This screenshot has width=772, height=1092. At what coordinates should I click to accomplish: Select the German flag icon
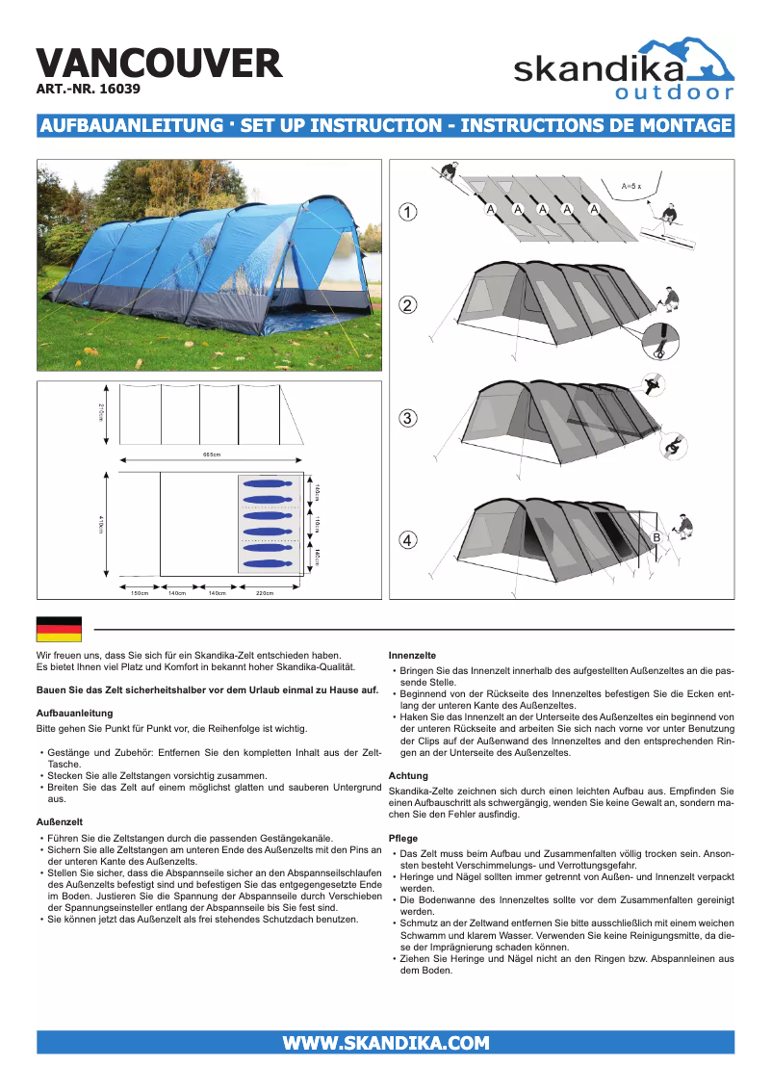[59, 629]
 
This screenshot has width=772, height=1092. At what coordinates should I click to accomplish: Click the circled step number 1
[408, 212]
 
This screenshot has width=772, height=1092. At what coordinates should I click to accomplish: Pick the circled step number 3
[408, 418]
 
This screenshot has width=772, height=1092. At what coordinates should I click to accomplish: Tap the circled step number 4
[408, 540]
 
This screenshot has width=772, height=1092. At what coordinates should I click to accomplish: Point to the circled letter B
[656, 535]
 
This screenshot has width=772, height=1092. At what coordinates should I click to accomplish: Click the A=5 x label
[630, 185]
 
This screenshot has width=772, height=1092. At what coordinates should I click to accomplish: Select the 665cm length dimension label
[212, 455]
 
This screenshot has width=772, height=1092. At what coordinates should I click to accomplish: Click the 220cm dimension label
[264, 593]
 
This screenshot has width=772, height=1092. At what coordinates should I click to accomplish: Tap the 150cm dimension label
[140, 593]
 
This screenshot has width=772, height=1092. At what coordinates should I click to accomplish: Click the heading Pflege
[402, 839]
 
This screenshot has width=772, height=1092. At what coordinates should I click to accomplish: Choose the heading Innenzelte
[412, 655]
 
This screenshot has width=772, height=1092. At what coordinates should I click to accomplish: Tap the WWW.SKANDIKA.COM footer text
[385, 1043]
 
